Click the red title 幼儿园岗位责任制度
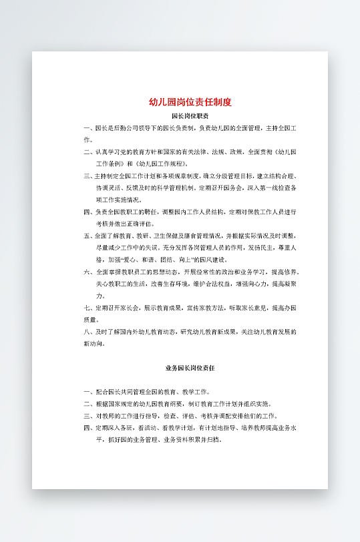[190, 102]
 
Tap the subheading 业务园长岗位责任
[190, 368]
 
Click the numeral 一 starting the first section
[87, 128]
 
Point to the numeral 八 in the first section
[87, 332]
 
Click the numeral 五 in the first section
[87, 236]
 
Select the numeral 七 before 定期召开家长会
[87, 308]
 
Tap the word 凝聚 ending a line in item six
[291, 284]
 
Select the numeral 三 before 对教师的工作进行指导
[87, 416]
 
